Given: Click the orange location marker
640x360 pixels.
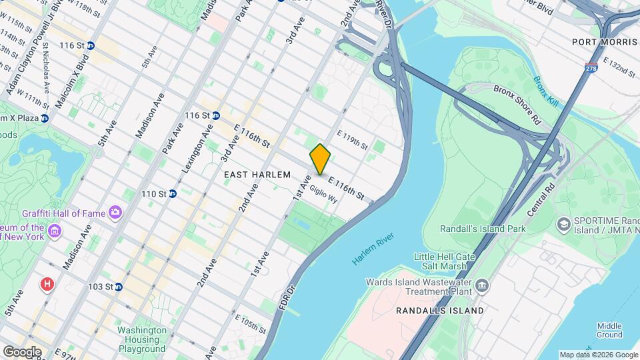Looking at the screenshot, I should coord(321,159).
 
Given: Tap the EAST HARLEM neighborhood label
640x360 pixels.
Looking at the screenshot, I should coord(257,175).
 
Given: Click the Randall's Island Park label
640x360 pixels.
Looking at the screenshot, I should coord(483,229).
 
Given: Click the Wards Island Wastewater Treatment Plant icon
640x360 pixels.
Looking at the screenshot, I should coord(481,287).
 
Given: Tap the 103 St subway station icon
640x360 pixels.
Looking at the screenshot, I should coord(118,287).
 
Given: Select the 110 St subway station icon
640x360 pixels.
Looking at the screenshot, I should coord(172,194).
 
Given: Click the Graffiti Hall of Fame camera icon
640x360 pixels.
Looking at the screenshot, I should coord(116,213).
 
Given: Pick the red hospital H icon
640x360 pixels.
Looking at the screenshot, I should coord(47,285).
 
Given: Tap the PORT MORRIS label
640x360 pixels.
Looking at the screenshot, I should coord(605,42).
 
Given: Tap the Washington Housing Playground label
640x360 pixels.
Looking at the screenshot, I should coord(142,339).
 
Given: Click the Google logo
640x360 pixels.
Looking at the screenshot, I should coord(22,351).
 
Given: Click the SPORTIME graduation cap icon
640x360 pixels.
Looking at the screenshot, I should coord(564,222).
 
